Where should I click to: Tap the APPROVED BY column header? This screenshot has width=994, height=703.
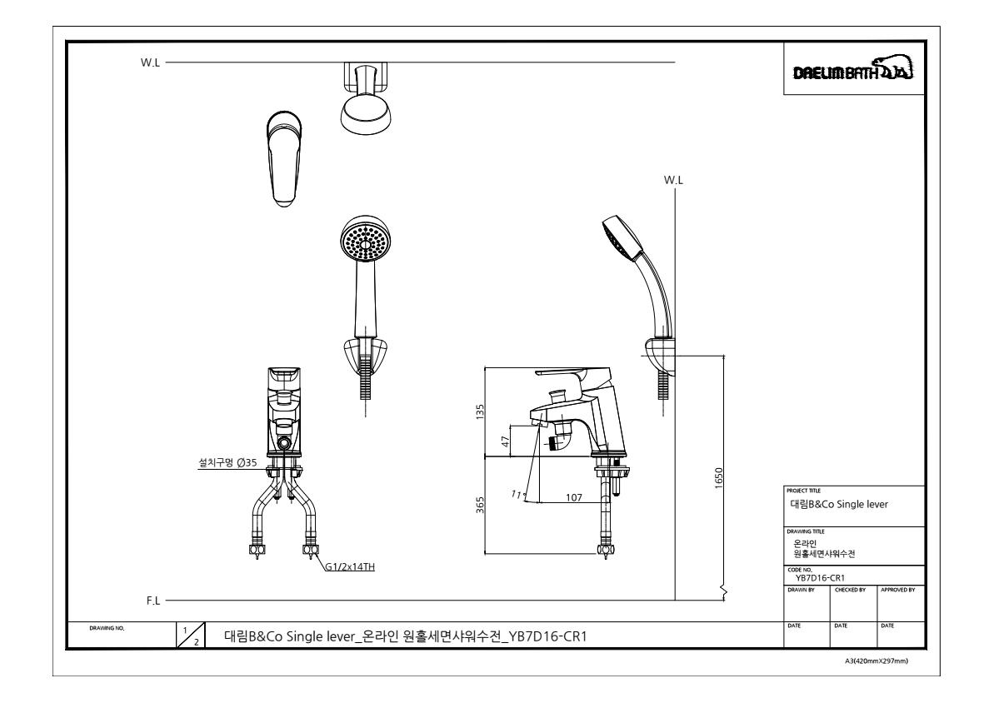coord(900,590)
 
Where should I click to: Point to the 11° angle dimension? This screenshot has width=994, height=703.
coord(516,495)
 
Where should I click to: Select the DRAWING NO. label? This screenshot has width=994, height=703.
coord(102,628)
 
